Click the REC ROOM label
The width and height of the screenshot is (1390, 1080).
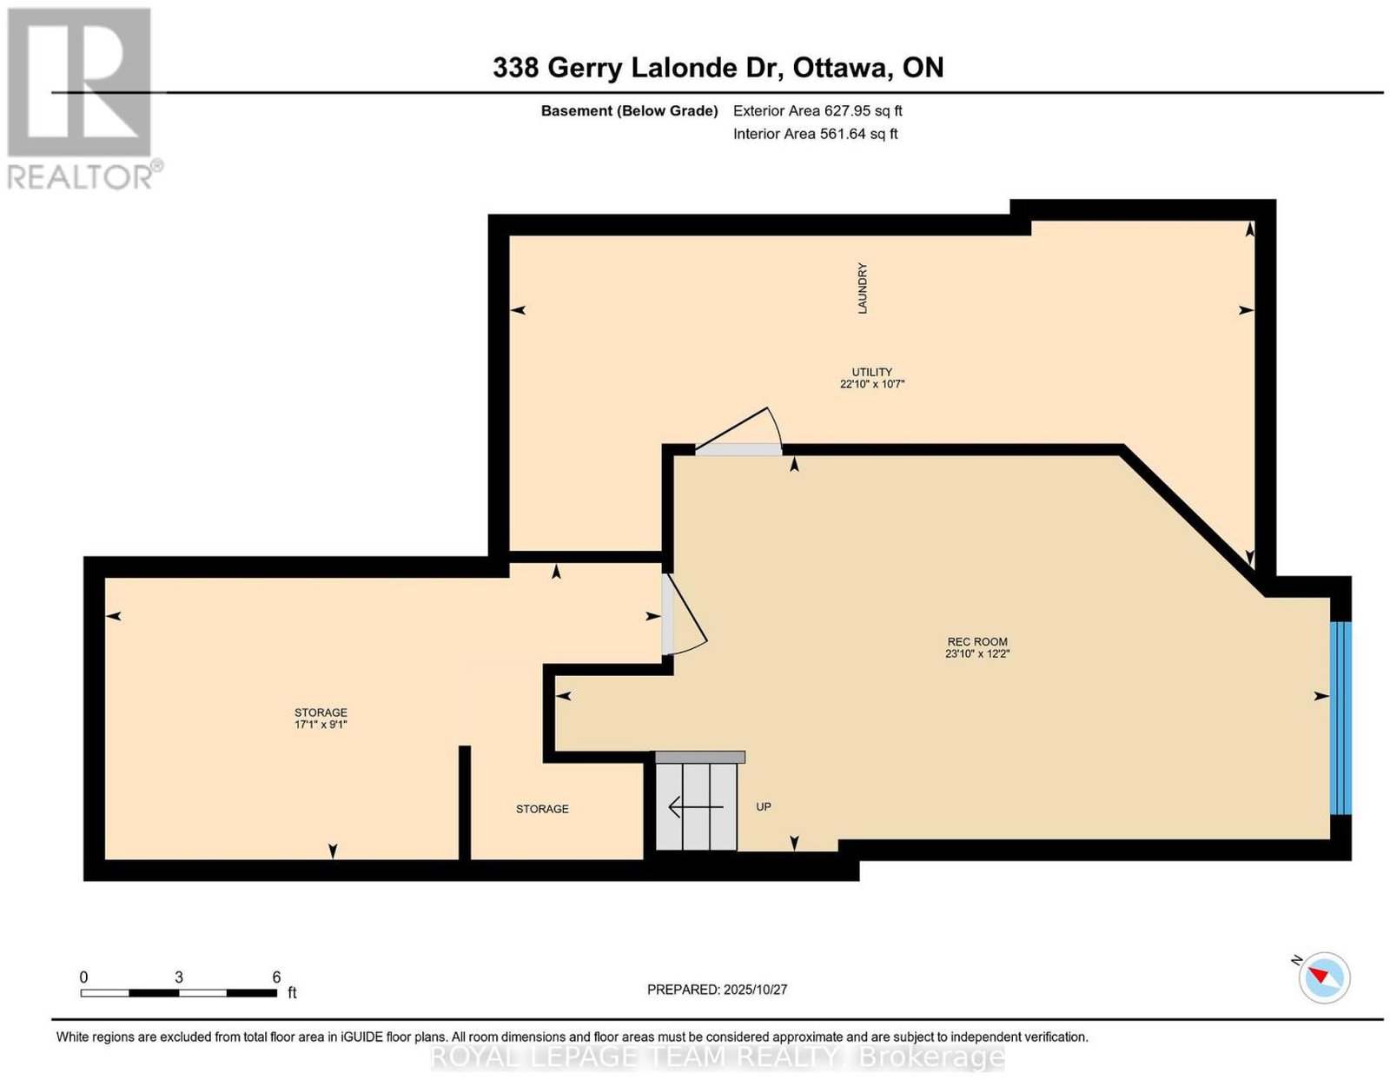click(x=976, y=641)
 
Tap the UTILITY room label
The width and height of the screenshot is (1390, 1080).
click(x=871, y=372)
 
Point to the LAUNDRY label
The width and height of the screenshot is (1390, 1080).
click(x=863, y=288)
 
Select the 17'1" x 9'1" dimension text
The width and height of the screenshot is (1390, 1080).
click(x=321, y=725)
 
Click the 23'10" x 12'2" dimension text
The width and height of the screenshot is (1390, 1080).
click(x=976, y=653)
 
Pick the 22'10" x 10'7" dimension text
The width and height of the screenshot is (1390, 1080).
click(x=872, y=384)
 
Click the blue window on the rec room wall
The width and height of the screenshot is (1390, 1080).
click(x=1340, y=718)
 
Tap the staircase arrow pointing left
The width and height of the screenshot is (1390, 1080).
click(x=696, y=807)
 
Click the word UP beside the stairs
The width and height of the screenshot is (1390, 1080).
click(x=763, y=807)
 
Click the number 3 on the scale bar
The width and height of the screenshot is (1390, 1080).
click(x=178, y=977)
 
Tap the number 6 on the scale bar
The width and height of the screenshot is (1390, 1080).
click(x=276, y=977)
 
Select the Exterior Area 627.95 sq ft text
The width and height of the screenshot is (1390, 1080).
click(x=817, y=110)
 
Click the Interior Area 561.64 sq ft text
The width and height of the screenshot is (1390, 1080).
click(x=815, y=134)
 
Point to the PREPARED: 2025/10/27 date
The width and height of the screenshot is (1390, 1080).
click(x=717, y=989)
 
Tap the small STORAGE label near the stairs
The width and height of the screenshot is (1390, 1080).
click(x=542, y=809)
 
